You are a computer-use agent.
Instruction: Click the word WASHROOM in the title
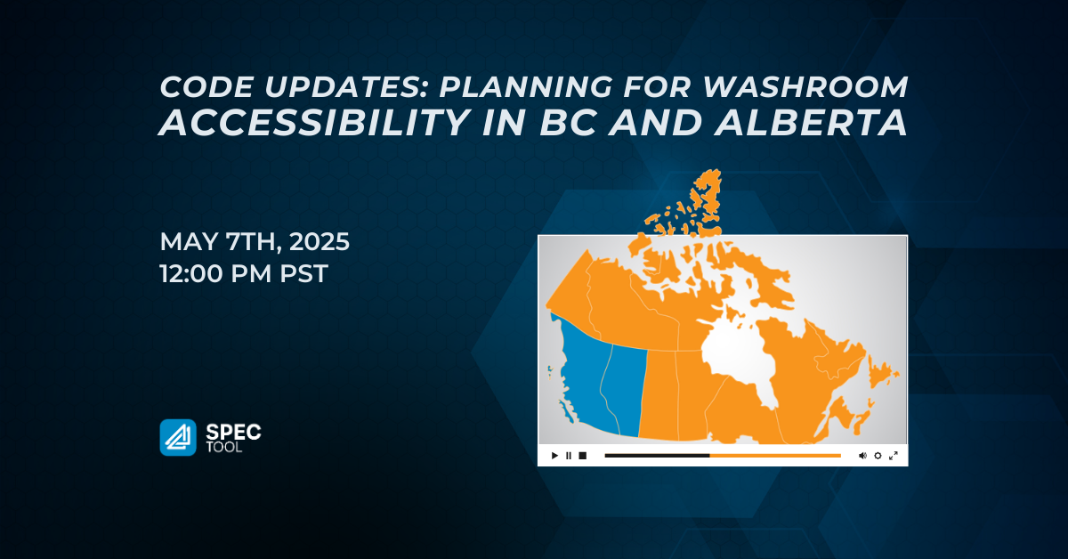(x=805, y=87)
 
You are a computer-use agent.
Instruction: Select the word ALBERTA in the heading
(x=810, y=123)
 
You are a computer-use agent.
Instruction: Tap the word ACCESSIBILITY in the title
(x=315, y=123)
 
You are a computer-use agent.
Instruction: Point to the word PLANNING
(x=525, y=87)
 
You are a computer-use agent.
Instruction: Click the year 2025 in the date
(x=320, y=241)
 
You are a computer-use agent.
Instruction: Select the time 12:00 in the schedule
(x=190, y=274)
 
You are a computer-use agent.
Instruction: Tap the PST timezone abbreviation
(x=303, y=274)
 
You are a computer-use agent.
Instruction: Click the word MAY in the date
(x=189, y=241)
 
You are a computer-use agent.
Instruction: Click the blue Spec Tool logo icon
(x=178, y=437)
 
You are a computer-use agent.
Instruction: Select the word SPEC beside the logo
(x=233, y=432)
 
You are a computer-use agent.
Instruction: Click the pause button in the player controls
(x=569, y=456)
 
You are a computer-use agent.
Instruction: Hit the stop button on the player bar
(x=583, y=456)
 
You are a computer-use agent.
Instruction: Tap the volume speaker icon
(x=862, y=456)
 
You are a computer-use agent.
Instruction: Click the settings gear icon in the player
(x=878, y=456)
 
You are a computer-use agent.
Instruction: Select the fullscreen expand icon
(x=894, y=456)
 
